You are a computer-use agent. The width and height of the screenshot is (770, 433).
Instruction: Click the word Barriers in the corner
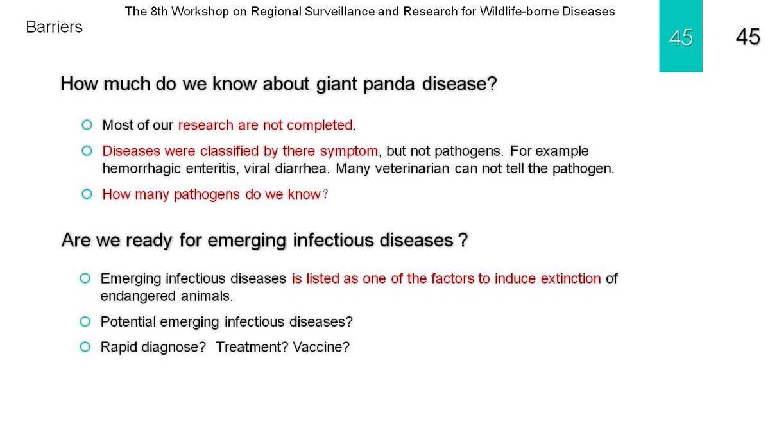coord(55,27)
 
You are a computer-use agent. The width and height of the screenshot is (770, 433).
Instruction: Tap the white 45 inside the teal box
coord(681,37)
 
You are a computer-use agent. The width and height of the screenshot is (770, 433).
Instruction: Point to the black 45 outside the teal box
coord(748,37)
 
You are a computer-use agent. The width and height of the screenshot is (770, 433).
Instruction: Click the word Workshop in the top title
coord(200,12)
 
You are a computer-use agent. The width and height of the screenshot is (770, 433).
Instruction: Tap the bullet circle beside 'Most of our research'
coord(87,124)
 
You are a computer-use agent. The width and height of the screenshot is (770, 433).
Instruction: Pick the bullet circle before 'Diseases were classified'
coord(87,151)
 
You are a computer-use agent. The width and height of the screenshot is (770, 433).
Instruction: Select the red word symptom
coord(349,151)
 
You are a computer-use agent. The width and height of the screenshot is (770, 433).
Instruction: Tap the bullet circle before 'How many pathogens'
coord(87,194)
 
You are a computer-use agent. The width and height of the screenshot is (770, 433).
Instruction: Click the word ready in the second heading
coord(148,241)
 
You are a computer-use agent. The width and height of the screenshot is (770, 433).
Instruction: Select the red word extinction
coord(570,278)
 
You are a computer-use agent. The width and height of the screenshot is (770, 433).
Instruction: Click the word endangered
coord(138,296)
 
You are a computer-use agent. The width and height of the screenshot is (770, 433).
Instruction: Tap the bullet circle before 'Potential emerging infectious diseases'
coord(85,321)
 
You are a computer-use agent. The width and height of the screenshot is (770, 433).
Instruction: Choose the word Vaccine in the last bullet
coord(321,347)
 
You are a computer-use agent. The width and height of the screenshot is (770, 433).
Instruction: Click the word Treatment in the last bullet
coord(252,347)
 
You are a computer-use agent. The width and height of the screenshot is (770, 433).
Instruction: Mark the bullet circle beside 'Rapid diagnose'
coord(85,347)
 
